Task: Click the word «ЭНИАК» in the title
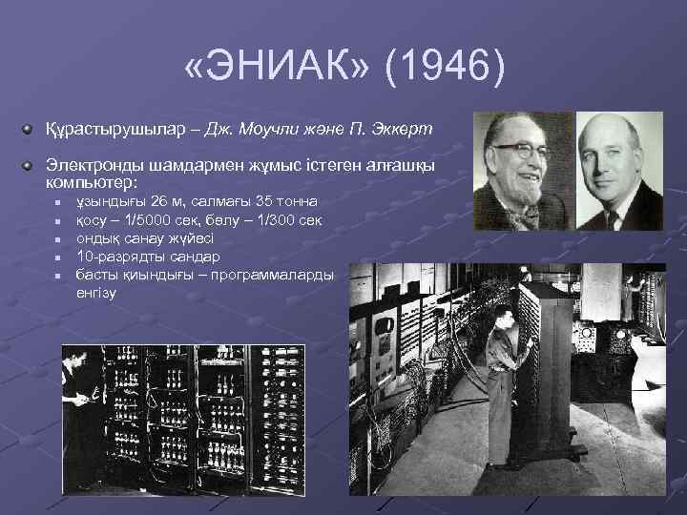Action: tap(274, 69)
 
